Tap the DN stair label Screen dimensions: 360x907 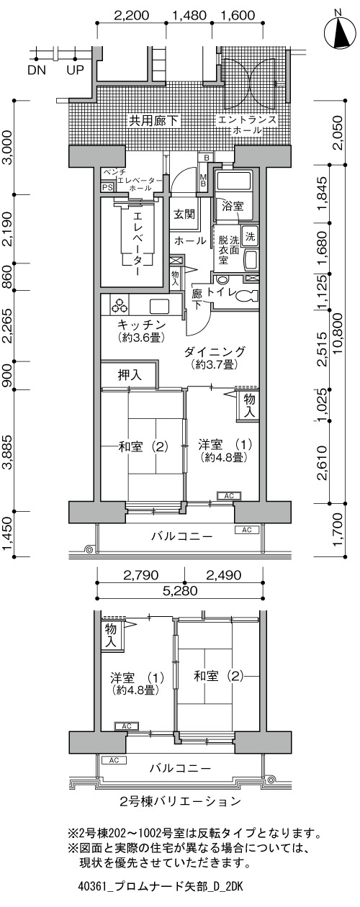pos(37,71)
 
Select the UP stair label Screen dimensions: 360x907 pos(75,71)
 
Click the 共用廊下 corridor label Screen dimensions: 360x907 pos(154,121)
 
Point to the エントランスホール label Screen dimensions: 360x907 pos(247,125)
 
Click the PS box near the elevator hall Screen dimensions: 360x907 pos(107,187)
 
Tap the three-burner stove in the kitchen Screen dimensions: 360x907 pos(120,307)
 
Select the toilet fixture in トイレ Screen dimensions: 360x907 pos(247,296)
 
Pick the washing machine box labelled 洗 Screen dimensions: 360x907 pos(251,236)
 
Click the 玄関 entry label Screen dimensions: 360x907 pos(184,215)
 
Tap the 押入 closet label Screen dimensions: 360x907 pos(130,375)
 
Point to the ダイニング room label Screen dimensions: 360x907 pos(215,351)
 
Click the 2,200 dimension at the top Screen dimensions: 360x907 pos(132,15)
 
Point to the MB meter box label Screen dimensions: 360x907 pos(204,180)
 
